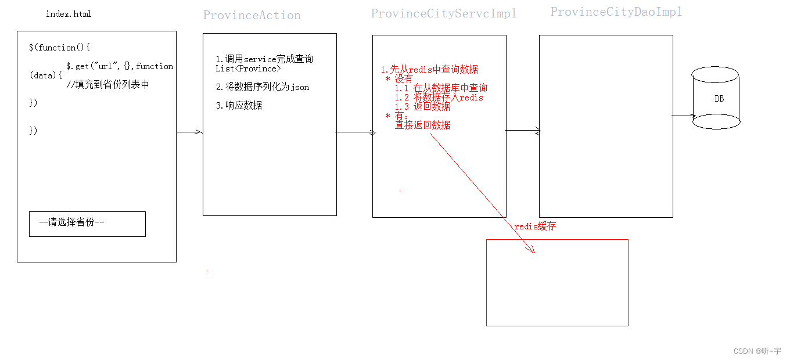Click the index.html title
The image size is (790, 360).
pos(69,14)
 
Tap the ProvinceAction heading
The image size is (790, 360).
pos(252,16)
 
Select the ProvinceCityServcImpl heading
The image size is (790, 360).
pos(444,13)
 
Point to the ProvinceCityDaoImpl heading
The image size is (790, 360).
pos(616,12)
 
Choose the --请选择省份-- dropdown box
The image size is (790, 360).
pos(87,224)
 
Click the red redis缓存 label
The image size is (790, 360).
pos(535,226)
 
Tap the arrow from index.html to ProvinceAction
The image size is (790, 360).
pos(189,132)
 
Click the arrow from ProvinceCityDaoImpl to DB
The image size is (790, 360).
pos(683,116)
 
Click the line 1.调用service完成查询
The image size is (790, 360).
pos(264,59)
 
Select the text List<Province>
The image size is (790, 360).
pos(248,69)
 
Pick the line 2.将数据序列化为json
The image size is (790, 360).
pos(262,87)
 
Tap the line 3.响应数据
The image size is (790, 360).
pos(239,106)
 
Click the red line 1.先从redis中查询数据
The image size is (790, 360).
pos(429,69)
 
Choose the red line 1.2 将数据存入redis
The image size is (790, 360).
pos(439,98)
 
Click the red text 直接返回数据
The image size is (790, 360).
pos(422,125)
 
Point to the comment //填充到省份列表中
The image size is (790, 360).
pos(107,84)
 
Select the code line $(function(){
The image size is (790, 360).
pos(59,48)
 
